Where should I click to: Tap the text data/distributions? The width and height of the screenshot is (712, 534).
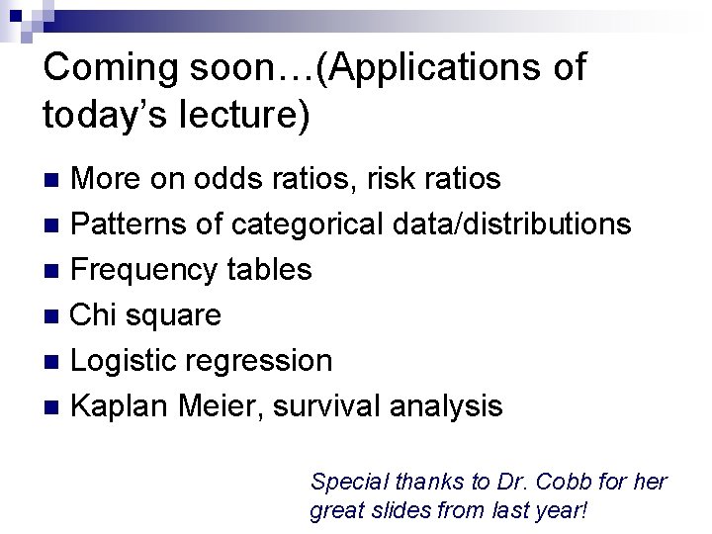click(511, 224)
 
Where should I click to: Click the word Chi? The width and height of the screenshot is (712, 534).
click(94, 315)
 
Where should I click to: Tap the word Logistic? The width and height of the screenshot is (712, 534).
click(124, 361)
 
